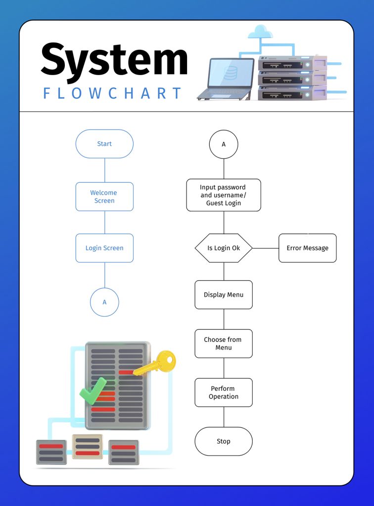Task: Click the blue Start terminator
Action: [x=104, y=144]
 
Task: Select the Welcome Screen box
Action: [x=104, y=197]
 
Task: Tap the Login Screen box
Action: [x=104, y=248]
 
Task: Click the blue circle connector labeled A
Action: [x=104, y=302]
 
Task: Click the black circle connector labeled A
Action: [x=224, y=144]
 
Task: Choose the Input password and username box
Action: [x=224, y=195]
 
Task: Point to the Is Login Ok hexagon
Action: [x=224, y=248]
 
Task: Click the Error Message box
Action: [x=307, y=248]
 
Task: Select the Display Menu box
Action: [x=224, y=295]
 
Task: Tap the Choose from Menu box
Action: [x=224, y=343]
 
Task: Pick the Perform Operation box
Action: [x=224, y=392]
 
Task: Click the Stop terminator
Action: [x=224, y=441]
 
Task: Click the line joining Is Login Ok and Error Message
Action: [x=266, y=248]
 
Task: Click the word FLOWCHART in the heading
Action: [x=113, y=93]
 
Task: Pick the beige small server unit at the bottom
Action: [x=88, y=446]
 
